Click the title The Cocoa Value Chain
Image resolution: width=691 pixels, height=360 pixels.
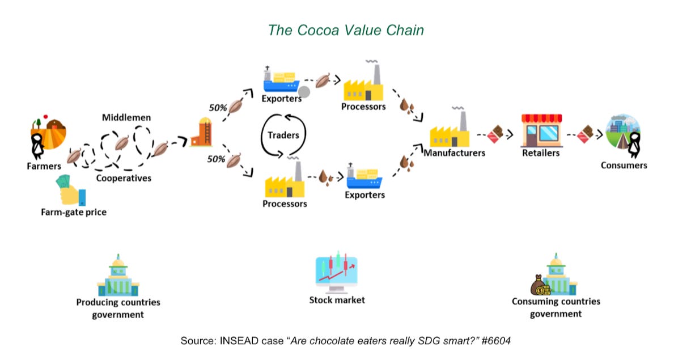[x=345, y=30]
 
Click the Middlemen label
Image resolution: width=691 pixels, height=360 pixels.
[x=126, y=118]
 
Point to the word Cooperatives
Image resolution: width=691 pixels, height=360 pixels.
[x=124, y=178]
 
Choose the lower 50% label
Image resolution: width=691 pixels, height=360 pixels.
[x=217, y=159]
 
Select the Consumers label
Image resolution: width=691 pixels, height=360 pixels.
[x=624, y=166]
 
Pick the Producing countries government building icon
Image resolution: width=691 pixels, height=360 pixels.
[x=118, y=276]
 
